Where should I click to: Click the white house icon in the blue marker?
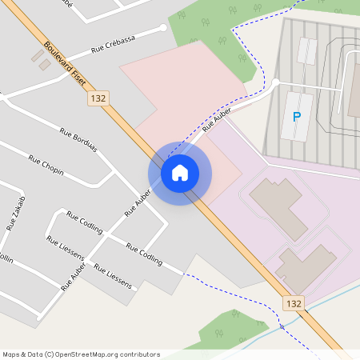tap(180, 173)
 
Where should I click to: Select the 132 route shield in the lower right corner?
tap(294, 303)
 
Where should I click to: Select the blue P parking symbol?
tap(297, 118)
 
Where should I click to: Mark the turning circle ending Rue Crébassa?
tap(164, 28)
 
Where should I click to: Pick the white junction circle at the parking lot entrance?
tap(275, 82)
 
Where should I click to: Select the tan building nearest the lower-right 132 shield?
tap(306, 269)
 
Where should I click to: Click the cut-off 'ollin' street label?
tap(6, 258)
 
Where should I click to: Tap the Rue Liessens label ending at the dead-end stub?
tap(113, 274)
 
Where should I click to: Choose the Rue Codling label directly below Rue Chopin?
tap(84, 222)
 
